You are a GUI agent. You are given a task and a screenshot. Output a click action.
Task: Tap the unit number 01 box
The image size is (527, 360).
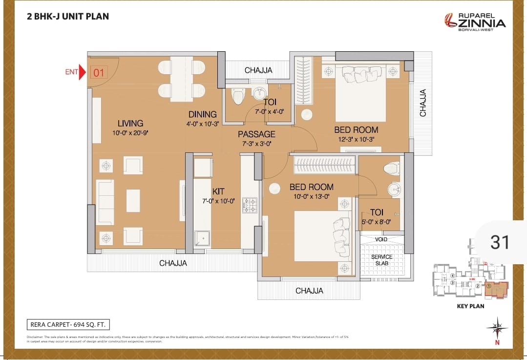[x=99, y=73]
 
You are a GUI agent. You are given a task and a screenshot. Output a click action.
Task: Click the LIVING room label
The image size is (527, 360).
[x=130, y=123]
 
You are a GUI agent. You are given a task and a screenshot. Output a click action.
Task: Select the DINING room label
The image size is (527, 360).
[x=203, y=114]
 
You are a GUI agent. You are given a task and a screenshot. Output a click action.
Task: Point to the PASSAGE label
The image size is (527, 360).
[x=256, y=134]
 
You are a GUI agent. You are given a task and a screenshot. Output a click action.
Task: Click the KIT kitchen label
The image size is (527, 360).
[x=218, y=191]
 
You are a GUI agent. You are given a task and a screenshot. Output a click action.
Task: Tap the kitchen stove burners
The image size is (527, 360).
[x=249, y=205]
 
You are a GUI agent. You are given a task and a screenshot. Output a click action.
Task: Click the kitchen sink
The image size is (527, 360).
[x=202, y=238]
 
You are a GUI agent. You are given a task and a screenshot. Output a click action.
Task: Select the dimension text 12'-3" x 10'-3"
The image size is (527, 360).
[x=356, y=139]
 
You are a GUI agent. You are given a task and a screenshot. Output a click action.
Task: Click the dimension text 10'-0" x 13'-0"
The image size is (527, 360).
[x=311, y=196]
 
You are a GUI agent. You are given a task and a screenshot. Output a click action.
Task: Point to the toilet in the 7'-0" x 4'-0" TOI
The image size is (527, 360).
[x=238, y=96]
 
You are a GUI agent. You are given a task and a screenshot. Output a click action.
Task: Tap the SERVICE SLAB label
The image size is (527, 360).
[x=381, y=260]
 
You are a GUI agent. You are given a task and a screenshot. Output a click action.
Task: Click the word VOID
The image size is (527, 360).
[x=381, y=240]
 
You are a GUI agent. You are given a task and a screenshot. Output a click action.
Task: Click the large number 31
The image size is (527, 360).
[x=499, y=242]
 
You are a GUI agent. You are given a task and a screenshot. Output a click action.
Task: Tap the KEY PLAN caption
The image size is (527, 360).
[x=470, y=306]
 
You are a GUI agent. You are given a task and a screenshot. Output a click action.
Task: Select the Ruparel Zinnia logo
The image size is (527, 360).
[x=475, y=21]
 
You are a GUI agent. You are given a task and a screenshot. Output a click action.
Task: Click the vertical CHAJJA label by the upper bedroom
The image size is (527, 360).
[x=423, y=103]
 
